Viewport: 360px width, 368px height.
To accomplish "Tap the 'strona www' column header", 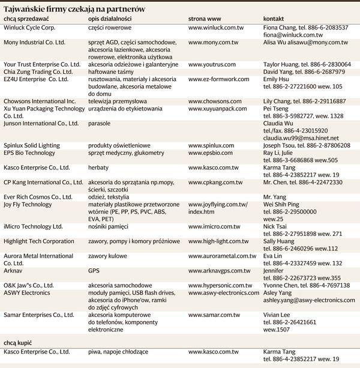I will point(205,19).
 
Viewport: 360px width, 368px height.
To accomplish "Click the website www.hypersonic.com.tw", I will point(220,286).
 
